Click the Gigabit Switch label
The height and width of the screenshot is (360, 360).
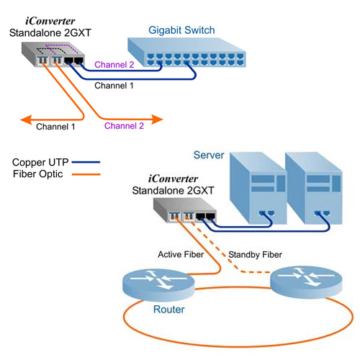pyautogui.click(x=181, y=31)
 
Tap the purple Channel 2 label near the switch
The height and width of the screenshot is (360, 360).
pyautogui.click(x=114, y=65)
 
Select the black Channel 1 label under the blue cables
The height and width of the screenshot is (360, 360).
pyautogui.click(x=114, y=86)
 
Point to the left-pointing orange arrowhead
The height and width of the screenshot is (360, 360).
pyautogui.click(x=26, y=120)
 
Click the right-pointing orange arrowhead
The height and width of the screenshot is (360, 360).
pyautogui.click(x=157, y=120)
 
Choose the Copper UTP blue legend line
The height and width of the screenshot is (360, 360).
pyautogui.click(x=86, y=162)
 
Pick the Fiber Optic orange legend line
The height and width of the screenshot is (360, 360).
pyautogui.click(x=86, y=174)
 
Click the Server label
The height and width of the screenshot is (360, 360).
pyautogui.click(x=209, y=155)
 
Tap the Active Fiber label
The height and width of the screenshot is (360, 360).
pyautogui.click(x=181, y=254)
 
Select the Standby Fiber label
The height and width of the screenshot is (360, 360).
pyautogui.click(x=255, y=255)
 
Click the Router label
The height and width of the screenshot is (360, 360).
pyautogui.click(x=169, y=310)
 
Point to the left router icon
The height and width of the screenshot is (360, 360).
pyautogui.click(x=158, y=284)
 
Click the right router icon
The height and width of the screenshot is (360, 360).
pyautogui.click(x=306, y=282)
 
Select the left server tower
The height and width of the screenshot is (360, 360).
pyautogui.click(x=258, y=188)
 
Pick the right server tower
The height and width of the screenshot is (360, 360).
pyautogui.click(x=314, y=188)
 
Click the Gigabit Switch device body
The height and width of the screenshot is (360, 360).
pyautogui.click(x=186, y=52)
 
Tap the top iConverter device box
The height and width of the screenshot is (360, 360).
pyautogui.click(x=53, y=54)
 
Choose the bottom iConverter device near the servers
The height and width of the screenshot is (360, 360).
pyautogui.click(x=185, y=210)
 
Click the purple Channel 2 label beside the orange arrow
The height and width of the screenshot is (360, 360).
pyautogui.click(x=124, y=126)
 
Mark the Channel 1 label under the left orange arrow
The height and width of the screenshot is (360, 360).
pyautogui.click(x=55, y=127)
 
